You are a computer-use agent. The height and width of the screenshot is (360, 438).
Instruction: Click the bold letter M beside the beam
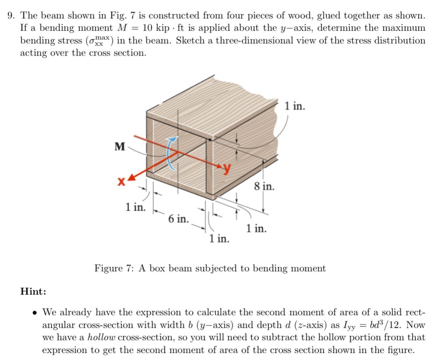click(119, 146)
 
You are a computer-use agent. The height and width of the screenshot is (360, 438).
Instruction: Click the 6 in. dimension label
click(178, 218)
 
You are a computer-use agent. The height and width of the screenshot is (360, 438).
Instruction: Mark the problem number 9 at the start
click(11, 16)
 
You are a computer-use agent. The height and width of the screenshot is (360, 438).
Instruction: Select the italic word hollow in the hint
click(101, 338)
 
